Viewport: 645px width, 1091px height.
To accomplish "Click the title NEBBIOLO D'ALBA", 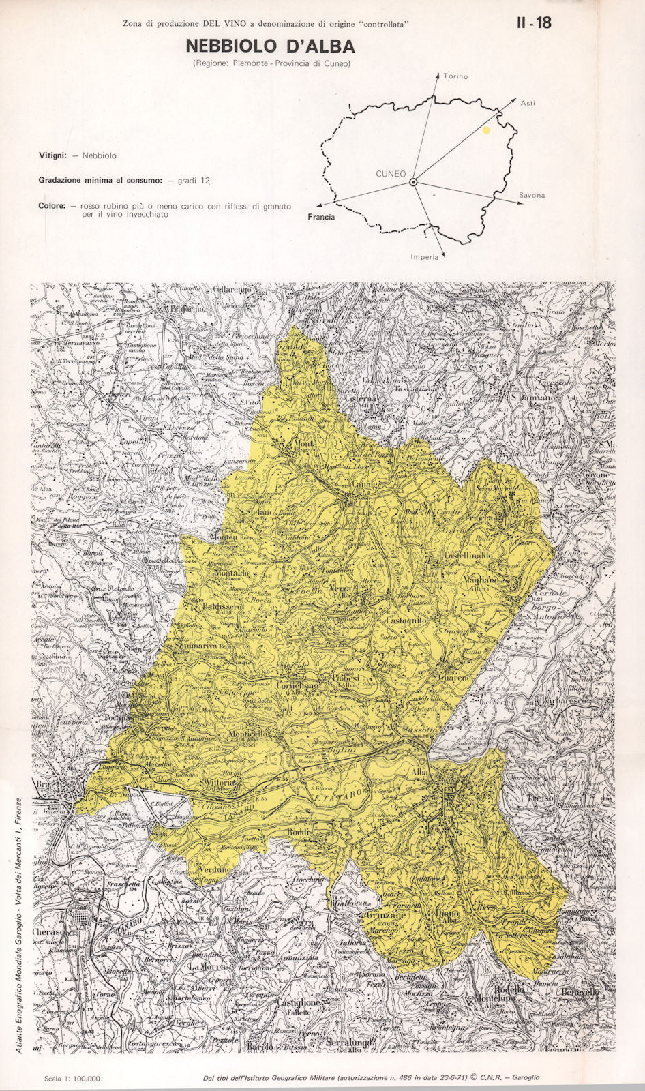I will coord(270,46).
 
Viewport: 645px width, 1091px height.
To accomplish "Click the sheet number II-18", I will coord(534,23).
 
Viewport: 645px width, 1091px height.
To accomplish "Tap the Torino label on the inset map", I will coord(455,76).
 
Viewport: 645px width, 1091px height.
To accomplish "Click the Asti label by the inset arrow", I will coord(528,103).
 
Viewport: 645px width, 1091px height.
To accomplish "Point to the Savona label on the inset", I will coord(532,195).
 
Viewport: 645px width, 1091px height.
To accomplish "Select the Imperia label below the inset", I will coord(424,257).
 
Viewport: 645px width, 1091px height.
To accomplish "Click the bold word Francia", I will coord(321,217).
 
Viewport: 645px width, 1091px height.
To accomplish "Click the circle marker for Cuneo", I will coord(412,182).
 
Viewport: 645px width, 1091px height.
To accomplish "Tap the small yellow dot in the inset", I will coord(486,129).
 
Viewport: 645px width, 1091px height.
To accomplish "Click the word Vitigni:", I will coord(52,155).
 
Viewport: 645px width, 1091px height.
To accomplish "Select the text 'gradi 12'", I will coord(194,181).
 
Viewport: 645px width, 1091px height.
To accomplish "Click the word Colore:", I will coord(52,205).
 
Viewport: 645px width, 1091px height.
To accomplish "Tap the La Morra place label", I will coord(203,967).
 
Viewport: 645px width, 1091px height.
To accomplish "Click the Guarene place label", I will coord(455,678).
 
